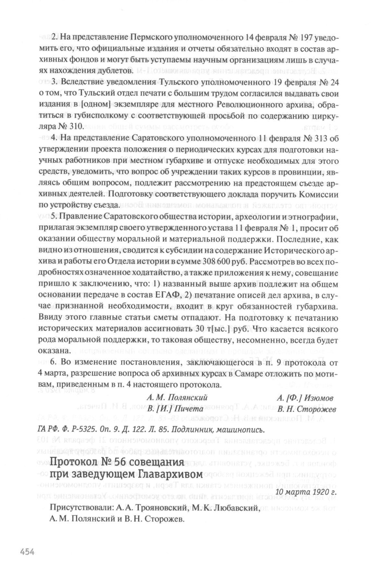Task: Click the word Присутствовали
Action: point(76,508)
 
